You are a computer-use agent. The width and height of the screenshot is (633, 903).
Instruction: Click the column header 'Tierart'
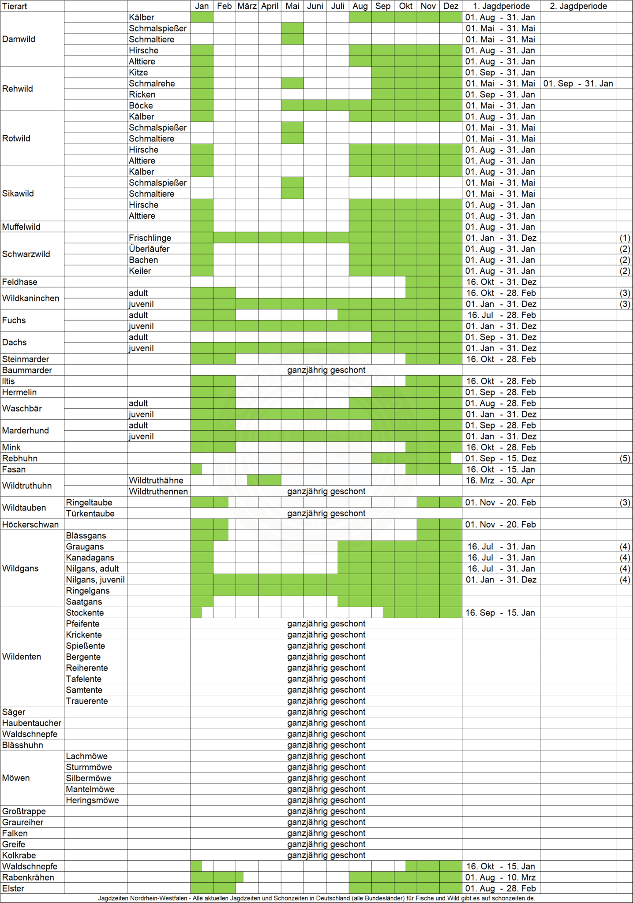15,6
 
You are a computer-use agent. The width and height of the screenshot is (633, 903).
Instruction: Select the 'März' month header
247,6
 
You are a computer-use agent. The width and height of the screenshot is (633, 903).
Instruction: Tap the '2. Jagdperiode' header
578,6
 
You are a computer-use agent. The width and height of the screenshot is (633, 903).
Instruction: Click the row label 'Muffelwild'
21,227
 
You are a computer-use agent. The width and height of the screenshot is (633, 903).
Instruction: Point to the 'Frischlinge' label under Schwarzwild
150,238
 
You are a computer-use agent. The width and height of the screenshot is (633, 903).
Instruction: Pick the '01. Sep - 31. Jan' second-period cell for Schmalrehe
578,84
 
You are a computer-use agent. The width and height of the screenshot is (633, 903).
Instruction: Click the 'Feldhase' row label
20,282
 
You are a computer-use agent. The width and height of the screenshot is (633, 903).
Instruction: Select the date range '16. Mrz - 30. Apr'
501,481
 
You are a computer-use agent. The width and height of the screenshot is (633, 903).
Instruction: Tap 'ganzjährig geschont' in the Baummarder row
326,370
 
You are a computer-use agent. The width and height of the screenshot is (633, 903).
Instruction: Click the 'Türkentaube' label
90,514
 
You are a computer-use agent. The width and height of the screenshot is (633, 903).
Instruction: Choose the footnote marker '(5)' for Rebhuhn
625,459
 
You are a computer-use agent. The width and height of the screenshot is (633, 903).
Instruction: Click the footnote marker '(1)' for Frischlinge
625,238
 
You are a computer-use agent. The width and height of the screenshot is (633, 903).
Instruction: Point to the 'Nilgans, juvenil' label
95,580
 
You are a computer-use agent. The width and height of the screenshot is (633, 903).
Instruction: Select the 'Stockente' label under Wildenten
85,613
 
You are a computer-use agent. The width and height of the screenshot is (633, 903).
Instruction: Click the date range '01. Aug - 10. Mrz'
501,877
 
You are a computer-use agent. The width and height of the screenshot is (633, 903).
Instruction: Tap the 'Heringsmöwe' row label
92,800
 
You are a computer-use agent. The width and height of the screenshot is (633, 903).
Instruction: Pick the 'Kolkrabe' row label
19,855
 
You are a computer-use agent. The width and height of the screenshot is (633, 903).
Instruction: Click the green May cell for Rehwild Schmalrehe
292,83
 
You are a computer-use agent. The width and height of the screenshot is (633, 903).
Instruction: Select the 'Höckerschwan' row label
30,525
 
